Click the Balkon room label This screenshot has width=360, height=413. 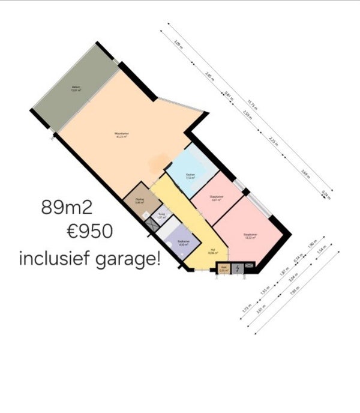click(76, 88)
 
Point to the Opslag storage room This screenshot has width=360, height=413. click(139, 200)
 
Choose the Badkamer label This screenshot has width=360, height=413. click(184, 243)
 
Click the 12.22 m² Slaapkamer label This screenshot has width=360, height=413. click(250, 235)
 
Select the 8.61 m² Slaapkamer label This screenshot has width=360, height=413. click(217, 198)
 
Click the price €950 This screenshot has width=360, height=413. click(91, 232)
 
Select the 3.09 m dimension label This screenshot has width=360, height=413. click(178, 43)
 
